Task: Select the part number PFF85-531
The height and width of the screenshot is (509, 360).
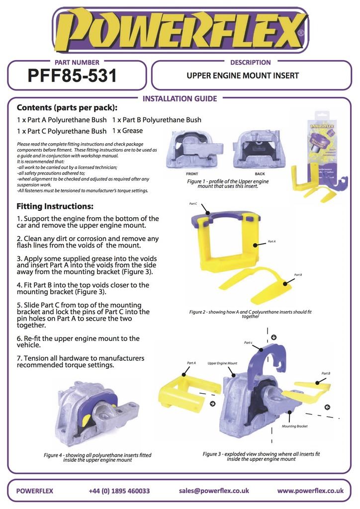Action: pyautogui.click(x=73, y=76)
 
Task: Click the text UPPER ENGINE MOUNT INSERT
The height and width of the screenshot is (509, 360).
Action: pyautogui.click(x=243, y=76)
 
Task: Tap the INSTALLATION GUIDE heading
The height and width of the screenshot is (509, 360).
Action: pyautogui.click(x=180, y=98)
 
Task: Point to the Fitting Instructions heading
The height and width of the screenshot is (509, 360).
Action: pyautogui.click(x=55, y=206)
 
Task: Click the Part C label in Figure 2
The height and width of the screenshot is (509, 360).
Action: pyautogui.click(x=193, y=204)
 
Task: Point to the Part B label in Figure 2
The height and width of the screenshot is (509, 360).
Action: pyautogui.click(x=298, y=275)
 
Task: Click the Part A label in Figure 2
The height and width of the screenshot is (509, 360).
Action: pyautogui.click(x=271, y=242)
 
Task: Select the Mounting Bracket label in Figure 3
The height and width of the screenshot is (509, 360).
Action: pyautogui.click(x=295, y=426)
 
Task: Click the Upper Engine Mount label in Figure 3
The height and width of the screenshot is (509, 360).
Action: pyautogui.click(x=222, y=363)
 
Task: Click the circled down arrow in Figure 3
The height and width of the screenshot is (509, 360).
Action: pyautogui.click(x=273, y=337)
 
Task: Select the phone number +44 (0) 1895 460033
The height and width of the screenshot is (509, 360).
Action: pyautogui.click(x=119, y=491)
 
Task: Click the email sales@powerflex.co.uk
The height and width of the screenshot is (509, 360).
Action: pyautogui.click(x=214, y=491)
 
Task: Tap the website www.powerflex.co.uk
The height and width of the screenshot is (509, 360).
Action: pyautogui.click(x=310, y=491)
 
